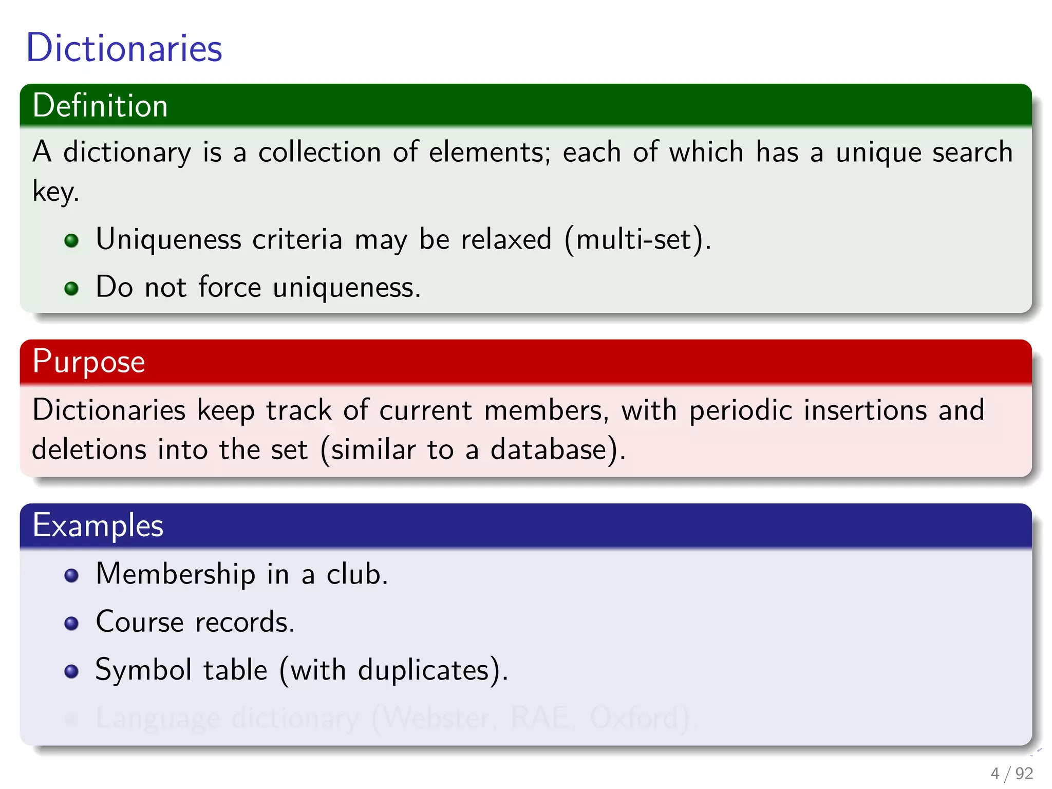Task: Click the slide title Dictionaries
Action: click(x=124, y=48)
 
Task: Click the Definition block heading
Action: click(x=100, y=106)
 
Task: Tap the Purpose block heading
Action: click(x=88, y=362)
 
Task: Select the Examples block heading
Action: click(x=98, y=525)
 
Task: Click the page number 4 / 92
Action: click(x=1011, y=773)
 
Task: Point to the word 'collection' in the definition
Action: click(x=320, y=153)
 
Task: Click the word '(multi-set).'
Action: click(x=637, y=240)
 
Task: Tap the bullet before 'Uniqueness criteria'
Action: click(x=71, y=240)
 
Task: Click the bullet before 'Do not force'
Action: click(x=71, y=288)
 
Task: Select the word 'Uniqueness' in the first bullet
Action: click(x=168, y=240)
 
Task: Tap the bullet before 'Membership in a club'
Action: click(x=71, y=575)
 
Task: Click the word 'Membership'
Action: click(x=175, y=574)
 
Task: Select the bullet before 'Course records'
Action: click(x=71, y=624)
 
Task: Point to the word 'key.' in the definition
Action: click(x=55, y=192)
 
